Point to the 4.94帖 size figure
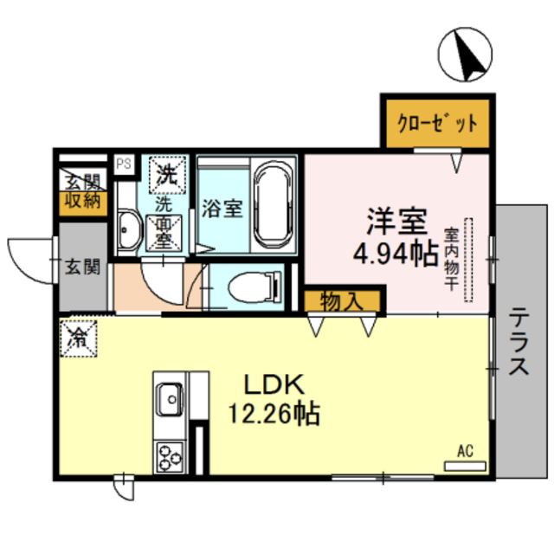[x=394, y=254]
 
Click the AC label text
[x=465, y=450]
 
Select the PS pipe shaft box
[x=124, y=162]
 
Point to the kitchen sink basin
[x=168, y=400]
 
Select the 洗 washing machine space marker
[x=164, y=174]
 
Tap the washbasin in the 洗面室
[x=130, y=228]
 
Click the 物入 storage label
[x=342, y=301]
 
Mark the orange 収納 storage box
[x=81, y=202]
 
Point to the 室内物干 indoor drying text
[x=451, y=260]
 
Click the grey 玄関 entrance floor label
[x=81, y=266]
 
